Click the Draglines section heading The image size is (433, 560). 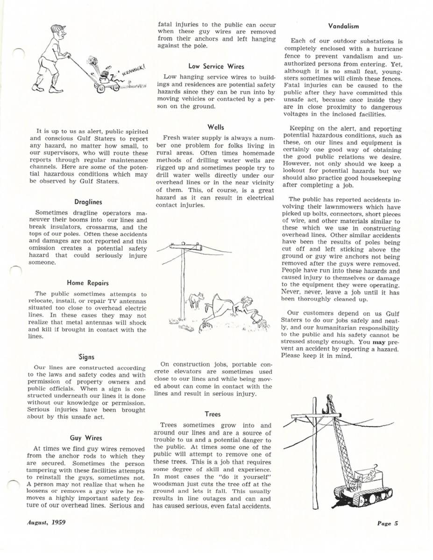pos(88,202)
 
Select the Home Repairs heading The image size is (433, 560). pos(88,283)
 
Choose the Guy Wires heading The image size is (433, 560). pos(88,438)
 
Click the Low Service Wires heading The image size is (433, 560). pos(216,66)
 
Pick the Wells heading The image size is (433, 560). pos(216,126)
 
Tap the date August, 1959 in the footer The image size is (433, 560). pos(46,522)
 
